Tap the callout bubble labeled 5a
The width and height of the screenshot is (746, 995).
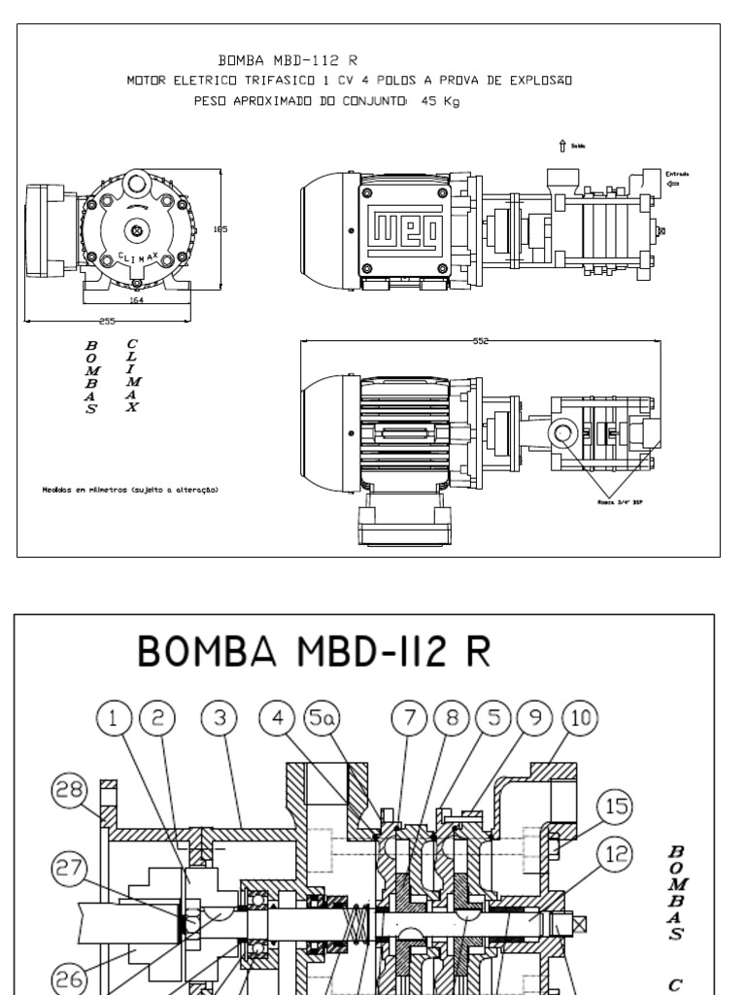pos(318,718)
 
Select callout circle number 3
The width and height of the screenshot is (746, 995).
pos(220,718)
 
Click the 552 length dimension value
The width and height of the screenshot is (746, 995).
pos(481,342)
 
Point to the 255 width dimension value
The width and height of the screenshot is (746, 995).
pos(107,321)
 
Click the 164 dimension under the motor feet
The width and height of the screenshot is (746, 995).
pos(138,301)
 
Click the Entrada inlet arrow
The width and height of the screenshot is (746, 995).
pos(671,183)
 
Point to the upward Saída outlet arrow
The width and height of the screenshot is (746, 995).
pos(561,147)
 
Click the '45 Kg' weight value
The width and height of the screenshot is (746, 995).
pos(441,99)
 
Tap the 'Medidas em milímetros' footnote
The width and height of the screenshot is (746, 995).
pos(130,490)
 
